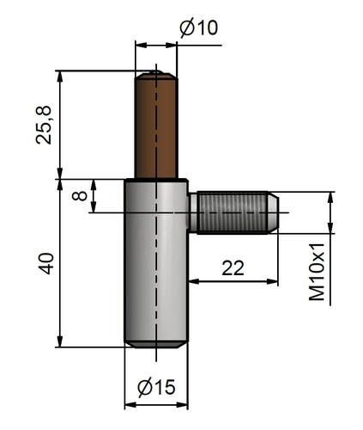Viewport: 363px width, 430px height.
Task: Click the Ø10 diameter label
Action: coord(198,28)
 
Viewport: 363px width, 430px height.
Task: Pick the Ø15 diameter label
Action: coord(155,388)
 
